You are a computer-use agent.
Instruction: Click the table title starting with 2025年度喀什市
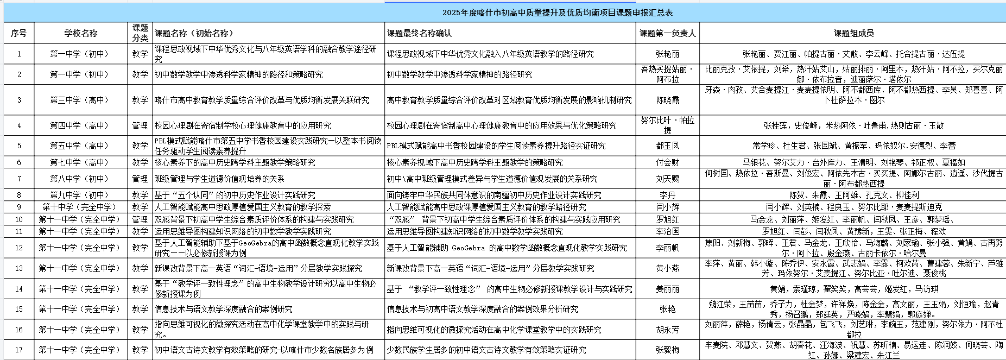tap(557, 12)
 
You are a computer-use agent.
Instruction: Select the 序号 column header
tap(19, 33)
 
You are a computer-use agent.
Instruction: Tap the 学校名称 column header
tap(81, 33)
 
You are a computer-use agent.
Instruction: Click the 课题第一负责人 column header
tap(667, 33)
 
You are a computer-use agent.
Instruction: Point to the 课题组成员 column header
tap(853, 33)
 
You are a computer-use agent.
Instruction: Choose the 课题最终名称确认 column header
tap(419, 33)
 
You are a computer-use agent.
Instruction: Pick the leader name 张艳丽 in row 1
tap(667, 54)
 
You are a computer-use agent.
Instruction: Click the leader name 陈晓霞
tap(667, 100)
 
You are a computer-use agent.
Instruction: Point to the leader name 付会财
tap(667, 162)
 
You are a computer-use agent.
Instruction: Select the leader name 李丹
tap(667, 195)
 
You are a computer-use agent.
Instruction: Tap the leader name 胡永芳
tap(667, 330)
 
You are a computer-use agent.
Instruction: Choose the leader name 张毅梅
tap(667, 350)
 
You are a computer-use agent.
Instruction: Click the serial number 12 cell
tap(19, 248)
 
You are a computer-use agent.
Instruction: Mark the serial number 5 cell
tap(19, 146)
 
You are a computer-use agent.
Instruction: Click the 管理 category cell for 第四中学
tap(140, 125)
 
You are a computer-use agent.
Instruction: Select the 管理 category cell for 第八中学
tap(140, 179)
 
